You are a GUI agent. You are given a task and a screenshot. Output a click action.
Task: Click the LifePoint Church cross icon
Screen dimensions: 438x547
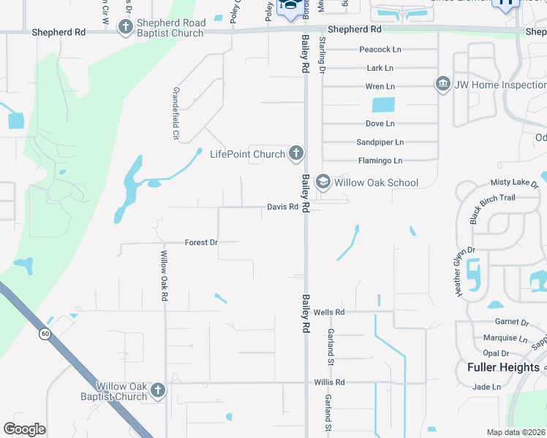click(x=295, y=153)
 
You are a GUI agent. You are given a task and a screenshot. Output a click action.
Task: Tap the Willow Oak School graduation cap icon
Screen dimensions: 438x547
click(x=322, y=181)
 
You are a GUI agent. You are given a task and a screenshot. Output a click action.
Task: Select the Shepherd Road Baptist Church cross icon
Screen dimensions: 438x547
click(x=125, y=27)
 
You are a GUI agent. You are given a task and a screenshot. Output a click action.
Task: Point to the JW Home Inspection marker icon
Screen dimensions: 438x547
click(x=442, y=85)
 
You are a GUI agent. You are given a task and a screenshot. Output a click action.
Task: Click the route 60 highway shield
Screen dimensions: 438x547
click(x=45, y=334)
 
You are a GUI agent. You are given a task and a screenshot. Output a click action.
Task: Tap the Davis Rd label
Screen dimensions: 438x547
click(x=282, y=207)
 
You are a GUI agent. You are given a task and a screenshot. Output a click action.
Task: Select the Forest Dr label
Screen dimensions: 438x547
click(x=201, y=242)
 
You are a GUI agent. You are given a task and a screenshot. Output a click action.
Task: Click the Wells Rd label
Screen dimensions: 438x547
click(x=328, y=312)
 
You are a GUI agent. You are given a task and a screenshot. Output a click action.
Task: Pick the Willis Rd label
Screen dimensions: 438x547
click(x=329, y=382)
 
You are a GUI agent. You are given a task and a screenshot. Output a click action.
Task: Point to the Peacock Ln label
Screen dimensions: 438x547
click(x=381, y=50)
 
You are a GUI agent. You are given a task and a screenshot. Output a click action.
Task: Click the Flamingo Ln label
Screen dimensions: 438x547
click(x=380, y=160)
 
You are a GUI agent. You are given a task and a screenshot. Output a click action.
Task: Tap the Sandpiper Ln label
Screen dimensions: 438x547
click(x=380, y=142)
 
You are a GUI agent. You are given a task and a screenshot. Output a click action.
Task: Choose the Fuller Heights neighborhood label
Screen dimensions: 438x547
click(x=503, y=367)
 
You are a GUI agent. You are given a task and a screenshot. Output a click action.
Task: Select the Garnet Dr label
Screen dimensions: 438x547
click(x=511, y=322)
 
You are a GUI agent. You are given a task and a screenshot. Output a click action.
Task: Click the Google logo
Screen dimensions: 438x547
click(x=25, y=429)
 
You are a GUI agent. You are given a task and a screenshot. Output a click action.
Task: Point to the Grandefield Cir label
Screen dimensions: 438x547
click(x=176, y=113)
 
